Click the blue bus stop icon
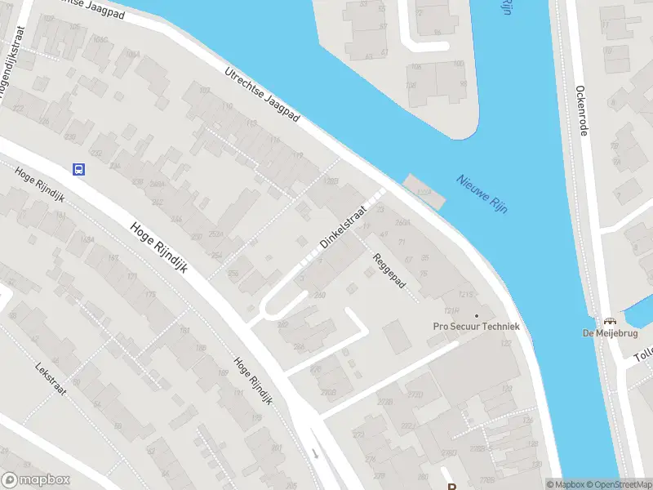78,169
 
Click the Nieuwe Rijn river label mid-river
482,194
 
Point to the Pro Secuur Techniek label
476,327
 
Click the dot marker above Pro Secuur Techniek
477,314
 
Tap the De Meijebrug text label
609,332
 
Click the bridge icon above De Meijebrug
609,320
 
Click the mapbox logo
36,480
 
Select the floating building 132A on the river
425,191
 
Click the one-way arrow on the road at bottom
315,453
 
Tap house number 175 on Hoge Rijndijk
149,295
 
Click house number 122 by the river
506,343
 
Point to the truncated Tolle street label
643,358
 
